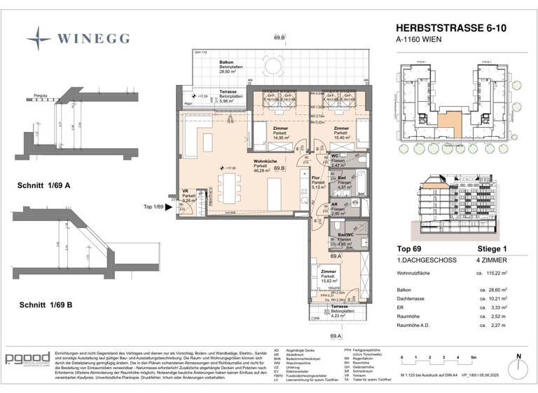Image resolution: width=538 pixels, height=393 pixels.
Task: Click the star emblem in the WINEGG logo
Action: click(x=39, y=35)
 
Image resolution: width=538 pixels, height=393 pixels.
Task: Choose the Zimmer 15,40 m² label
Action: click(x=341, y=133)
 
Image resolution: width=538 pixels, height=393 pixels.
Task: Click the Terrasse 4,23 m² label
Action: click(x=340, y=311)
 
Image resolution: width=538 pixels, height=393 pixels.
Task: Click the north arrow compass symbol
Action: click(x=518, y=368)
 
